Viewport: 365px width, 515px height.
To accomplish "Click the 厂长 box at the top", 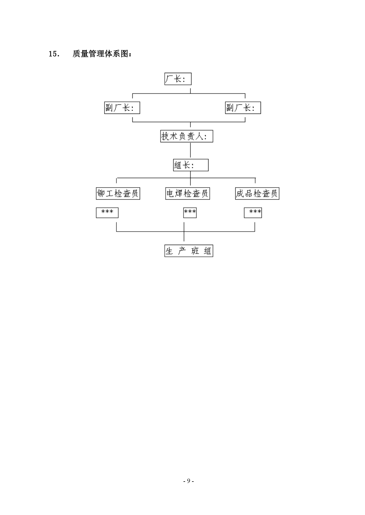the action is click(178, 79).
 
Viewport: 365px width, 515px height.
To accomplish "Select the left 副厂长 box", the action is click(122, 108).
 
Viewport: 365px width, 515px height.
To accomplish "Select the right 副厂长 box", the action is click(243, 108).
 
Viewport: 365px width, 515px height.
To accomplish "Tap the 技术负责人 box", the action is click(186, 136).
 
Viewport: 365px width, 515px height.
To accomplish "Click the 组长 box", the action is click(191, 165).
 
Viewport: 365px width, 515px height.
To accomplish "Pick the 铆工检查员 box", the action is click(118, 193).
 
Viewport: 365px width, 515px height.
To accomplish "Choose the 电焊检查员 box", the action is click(188, 193).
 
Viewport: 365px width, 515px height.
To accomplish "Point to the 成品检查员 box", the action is click(257, 193).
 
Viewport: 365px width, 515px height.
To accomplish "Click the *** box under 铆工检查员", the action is click(107, 212).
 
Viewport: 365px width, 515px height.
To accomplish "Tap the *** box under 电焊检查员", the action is click(190, 212).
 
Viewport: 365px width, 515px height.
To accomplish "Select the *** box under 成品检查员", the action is click(253, 212).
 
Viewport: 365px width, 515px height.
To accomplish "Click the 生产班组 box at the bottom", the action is click(189, 251).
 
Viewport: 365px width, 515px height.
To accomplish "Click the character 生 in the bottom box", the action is click(169, 251).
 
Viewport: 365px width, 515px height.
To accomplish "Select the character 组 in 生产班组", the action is click(208, 251).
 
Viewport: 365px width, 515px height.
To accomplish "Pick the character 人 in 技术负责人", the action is click(200, 136).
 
